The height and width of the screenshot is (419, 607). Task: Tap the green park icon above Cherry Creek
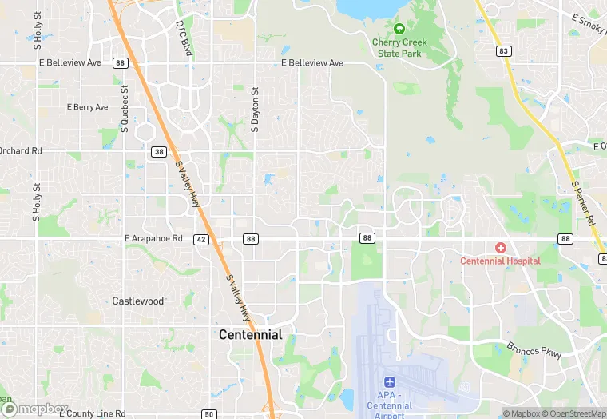(399, 29)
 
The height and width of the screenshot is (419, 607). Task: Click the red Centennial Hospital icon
(501, 249)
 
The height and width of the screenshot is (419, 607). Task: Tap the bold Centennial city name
(251, 335)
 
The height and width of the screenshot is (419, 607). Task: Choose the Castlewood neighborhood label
(138, 301)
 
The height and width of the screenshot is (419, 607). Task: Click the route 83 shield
(503, 52)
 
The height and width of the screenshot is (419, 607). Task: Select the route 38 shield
(159, 151)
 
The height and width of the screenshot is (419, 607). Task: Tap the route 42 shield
(200, 239)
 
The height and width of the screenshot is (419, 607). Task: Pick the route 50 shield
(208, 414)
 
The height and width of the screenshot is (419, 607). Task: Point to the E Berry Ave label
(87, 107)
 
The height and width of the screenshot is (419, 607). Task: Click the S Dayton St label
(256, 109)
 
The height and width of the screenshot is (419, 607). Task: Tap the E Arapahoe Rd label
(154, 238)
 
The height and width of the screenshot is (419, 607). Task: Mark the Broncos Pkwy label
(534, 350)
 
